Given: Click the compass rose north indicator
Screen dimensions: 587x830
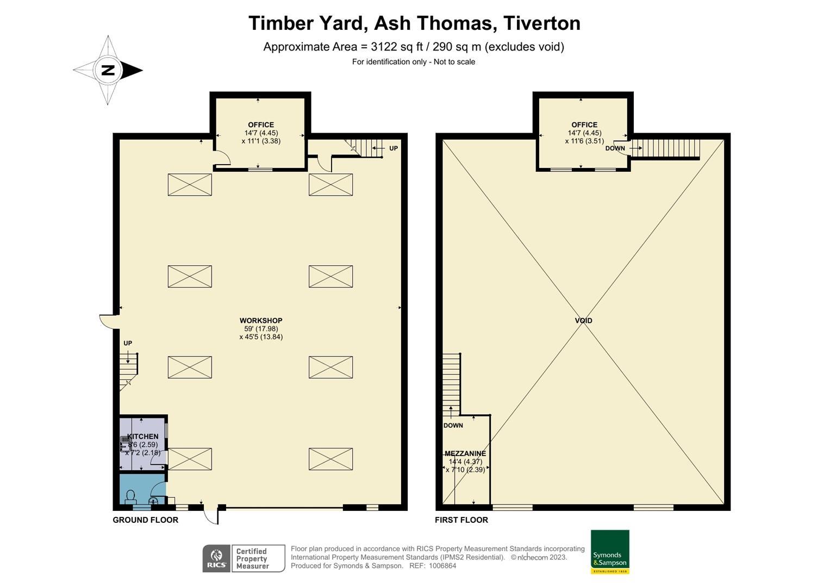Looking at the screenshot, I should (x=108, y=70).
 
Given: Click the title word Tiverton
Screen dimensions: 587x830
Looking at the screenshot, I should (x=541, y=23).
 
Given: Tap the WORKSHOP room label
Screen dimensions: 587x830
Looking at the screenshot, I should (x=261, y=321).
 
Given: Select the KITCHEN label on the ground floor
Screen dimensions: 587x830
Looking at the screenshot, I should (x=143, y=436).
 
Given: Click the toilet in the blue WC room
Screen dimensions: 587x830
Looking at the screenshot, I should (x=130, y=497).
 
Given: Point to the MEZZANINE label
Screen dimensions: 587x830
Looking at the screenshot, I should (x=465, y=453).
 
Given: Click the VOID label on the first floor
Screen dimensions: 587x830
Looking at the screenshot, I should (x=583, y=321).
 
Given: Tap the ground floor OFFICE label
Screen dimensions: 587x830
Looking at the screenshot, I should (x=261, y=124).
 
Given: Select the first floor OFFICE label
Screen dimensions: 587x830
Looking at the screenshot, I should (x=584, y=124).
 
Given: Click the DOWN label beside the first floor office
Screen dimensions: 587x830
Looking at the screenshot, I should (x=615, y=148).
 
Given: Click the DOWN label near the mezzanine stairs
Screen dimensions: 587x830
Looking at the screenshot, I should (x=453, y=425).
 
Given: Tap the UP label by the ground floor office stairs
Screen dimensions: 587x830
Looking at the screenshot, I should (x=394, y=148).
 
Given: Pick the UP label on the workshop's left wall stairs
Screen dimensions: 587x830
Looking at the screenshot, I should (x=128, y=343).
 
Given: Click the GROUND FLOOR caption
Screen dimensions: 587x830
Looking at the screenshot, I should (x=145, y=520).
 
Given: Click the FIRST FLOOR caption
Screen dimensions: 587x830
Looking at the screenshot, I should (x=461, y=520).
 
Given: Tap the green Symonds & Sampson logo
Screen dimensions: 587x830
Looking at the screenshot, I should (x=610, y=552).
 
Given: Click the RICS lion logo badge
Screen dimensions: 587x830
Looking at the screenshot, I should (x=216, y=558).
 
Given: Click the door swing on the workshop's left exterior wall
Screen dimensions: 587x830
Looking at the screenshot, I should (x=108, y=321).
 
